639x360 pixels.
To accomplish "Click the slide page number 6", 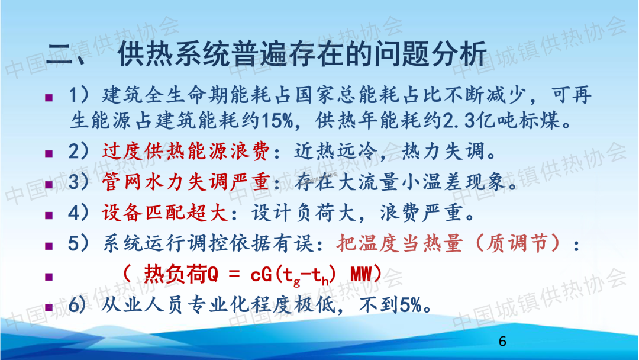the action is coord(502,341).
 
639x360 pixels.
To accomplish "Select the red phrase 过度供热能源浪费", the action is coord(185,151).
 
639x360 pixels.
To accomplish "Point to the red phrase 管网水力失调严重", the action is coord(185,182).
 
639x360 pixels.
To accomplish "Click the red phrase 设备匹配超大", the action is coord(164,213).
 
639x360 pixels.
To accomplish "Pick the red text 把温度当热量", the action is coord(400,243).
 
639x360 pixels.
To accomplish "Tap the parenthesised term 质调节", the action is coord(517,243).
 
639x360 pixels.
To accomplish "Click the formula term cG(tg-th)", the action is coord(293,275).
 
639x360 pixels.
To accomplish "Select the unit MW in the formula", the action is coord(361,274).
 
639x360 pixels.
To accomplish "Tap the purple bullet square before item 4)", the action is coord(49,215).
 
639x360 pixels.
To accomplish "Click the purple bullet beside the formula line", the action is coord(49,277).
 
